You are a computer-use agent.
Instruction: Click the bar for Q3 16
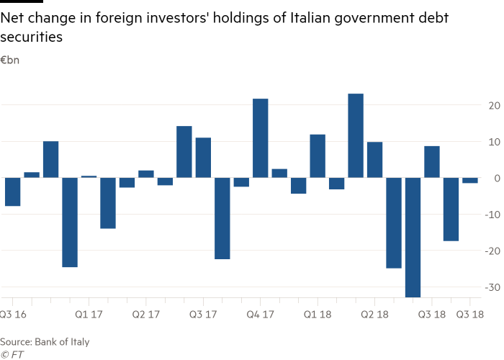[x=12, y=192]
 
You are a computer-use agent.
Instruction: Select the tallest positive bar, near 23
[x=356, y=135]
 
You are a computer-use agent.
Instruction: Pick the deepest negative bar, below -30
[x=413, y=237]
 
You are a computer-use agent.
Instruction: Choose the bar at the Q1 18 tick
[x=318, y=156]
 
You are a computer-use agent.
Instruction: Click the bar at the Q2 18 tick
[x=374, y=160]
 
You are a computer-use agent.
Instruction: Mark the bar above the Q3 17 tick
[x=203, y=158]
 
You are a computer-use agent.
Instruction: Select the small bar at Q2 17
[x=146, y=174]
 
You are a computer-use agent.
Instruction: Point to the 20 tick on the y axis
[x=492, y=106]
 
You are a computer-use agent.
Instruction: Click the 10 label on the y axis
[x=492, y=142]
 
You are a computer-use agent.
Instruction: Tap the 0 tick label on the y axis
[x=495, y=178]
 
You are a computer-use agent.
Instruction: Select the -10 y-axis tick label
[x=491, y=215]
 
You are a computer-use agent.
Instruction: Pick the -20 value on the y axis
[x=491, y=251]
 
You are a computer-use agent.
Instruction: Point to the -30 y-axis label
[x=491, y=287]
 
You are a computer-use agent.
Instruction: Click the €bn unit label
[x=9, y=60]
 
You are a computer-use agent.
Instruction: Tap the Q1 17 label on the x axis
[x=89, y=315]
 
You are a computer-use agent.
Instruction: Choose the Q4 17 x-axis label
[x=260, y=315]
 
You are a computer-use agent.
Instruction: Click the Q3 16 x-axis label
[x=14, y=315]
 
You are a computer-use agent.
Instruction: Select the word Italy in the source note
[x=79, y=341]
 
